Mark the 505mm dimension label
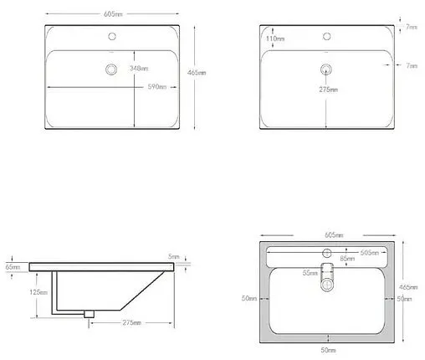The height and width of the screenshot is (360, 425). tap(367, 251)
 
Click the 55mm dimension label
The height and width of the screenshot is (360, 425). tap(309, 274)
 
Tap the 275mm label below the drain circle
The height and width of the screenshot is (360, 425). tap(328, 89)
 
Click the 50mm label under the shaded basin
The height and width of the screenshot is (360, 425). tap(328, 348)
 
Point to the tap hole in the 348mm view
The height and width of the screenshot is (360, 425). tap(112, 38)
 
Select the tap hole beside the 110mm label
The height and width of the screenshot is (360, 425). tap(328, 38)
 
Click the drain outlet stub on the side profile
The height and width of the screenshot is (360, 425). tap(89, 313)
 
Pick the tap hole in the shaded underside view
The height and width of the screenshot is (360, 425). tap(327, 252)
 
